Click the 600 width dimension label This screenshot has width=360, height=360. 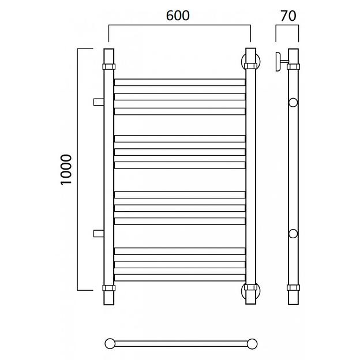(178, 16)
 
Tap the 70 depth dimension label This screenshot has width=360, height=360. (288, 16)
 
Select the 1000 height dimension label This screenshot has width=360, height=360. (66, 170)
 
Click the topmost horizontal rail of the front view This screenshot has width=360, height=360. (180, 82)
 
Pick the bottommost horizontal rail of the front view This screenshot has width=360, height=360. (180, 277)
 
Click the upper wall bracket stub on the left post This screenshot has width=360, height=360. (99, 102)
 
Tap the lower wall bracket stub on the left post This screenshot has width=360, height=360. (99, 233)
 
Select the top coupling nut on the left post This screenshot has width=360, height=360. (109, 66)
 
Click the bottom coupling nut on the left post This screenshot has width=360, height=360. (109, 288)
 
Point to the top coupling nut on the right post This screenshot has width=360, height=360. (250, 66)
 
